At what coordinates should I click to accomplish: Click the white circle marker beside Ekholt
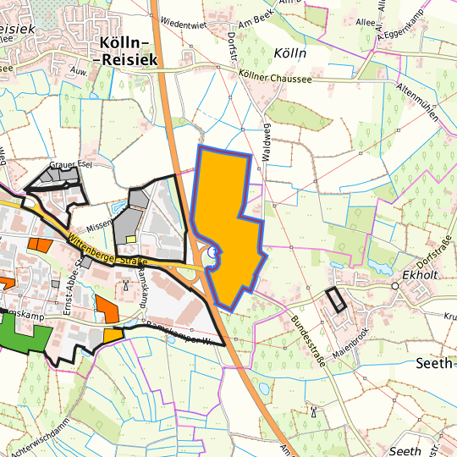(394, 286)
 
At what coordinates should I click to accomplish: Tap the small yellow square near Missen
(130, 239)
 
